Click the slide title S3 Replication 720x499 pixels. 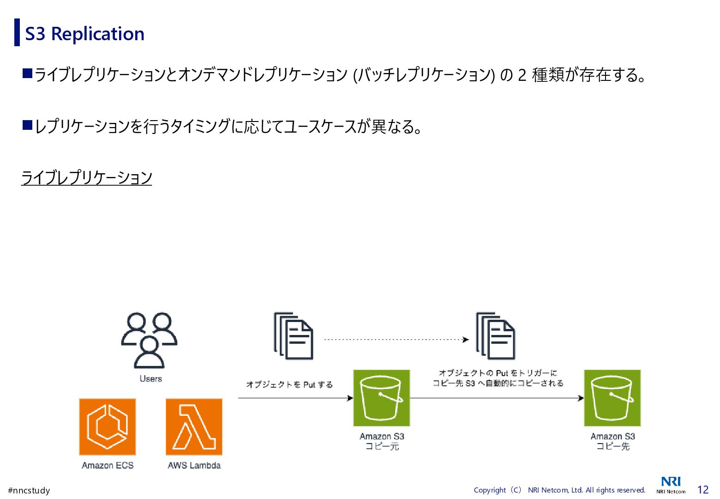[x=84, y=34]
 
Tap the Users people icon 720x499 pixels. [x=149, y=340]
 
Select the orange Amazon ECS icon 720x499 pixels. [x=108, y=427]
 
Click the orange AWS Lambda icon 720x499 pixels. [x=194, y=427]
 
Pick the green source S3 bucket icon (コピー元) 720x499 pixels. [x=381, y=398]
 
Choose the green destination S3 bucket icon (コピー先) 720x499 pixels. [x=612, y=398]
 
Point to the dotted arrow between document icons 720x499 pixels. [x=396, y=340]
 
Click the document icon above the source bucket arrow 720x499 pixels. [x=294, y=336]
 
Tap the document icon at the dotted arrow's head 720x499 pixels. [x=495, y=336]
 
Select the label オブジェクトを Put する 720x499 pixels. [x=289, y=384]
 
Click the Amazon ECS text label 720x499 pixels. [x=108, y=465]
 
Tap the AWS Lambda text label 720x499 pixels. [x=194, y=465]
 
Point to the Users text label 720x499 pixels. [x=151, y=379]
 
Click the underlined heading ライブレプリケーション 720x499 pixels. [x=87, y=177]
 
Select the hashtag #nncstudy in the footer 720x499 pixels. [x=29, y=490]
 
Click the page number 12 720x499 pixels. [x=702, y=490]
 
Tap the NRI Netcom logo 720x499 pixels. [x=671, y=485]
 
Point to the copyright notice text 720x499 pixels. [x=559, y=490]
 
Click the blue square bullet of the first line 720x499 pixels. [x=27, y=73]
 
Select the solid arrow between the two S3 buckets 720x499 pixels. [x=497, y=398]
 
